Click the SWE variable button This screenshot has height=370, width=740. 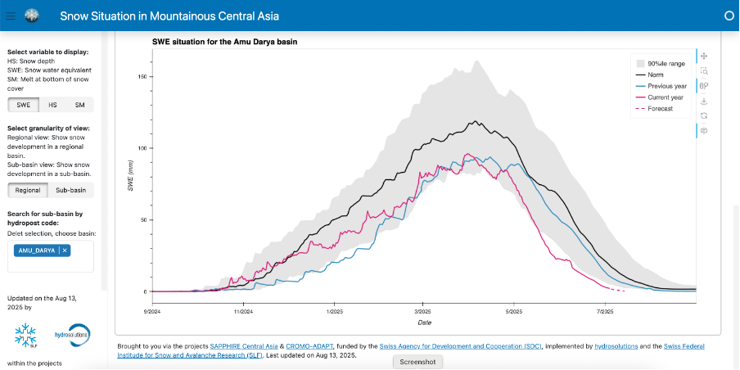point(23,105)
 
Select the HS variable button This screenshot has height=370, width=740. point(52,105)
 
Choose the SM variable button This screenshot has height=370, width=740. point(79,105)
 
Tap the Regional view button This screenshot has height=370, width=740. point(27,190)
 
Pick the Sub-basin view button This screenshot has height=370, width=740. point(70,190)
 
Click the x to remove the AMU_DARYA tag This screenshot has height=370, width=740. point(65,250)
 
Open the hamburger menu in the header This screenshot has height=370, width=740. point(11,15)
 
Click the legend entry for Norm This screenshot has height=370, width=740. point(656,74)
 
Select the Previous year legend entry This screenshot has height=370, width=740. point(666,86)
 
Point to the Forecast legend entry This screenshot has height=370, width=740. point(660,109)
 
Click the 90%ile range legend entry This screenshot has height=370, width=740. point(666,63)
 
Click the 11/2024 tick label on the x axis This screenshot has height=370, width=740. point(242,311)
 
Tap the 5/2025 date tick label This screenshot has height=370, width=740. point(513,311)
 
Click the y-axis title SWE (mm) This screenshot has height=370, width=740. point(130,177)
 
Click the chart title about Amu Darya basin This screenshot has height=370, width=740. point(224,42)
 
